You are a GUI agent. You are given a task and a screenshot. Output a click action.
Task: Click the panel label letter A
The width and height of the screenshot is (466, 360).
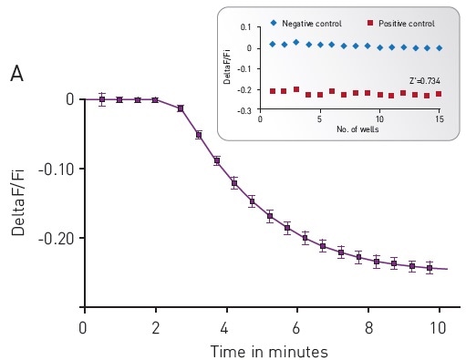click(16, 75)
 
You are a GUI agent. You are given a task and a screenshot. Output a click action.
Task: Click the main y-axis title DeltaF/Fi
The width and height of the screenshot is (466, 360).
click(19, 202)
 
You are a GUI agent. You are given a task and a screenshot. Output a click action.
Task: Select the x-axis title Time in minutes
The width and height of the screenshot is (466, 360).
click(269, 351)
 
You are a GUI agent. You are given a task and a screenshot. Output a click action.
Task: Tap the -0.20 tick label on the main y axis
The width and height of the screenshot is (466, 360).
click(57, 238)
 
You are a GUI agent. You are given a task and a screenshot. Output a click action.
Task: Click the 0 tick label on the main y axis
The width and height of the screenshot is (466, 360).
click(69, 98)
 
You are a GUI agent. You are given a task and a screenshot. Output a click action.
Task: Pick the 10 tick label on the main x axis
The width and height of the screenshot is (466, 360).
click(440, 327)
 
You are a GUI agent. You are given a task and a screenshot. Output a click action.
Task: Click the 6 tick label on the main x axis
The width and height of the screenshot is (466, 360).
click(297, 327)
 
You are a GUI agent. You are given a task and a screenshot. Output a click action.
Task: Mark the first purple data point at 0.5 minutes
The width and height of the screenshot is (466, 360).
click(102, 99)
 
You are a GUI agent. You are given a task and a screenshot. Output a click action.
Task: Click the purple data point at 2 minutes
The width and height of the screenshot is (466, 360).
click(155, 99)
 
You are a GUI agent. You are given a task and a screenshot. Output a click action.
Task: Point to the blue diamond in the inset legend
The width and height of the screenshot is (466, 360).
click(274, 22)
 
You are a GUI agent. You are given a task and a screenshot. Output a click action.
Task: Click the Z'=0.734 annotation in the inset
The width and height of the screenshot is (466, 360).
click(425, 81)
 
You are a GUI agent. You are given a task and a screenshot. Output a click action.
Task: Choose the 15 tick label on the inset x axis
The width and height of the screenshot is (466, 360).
click(440, 118)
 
